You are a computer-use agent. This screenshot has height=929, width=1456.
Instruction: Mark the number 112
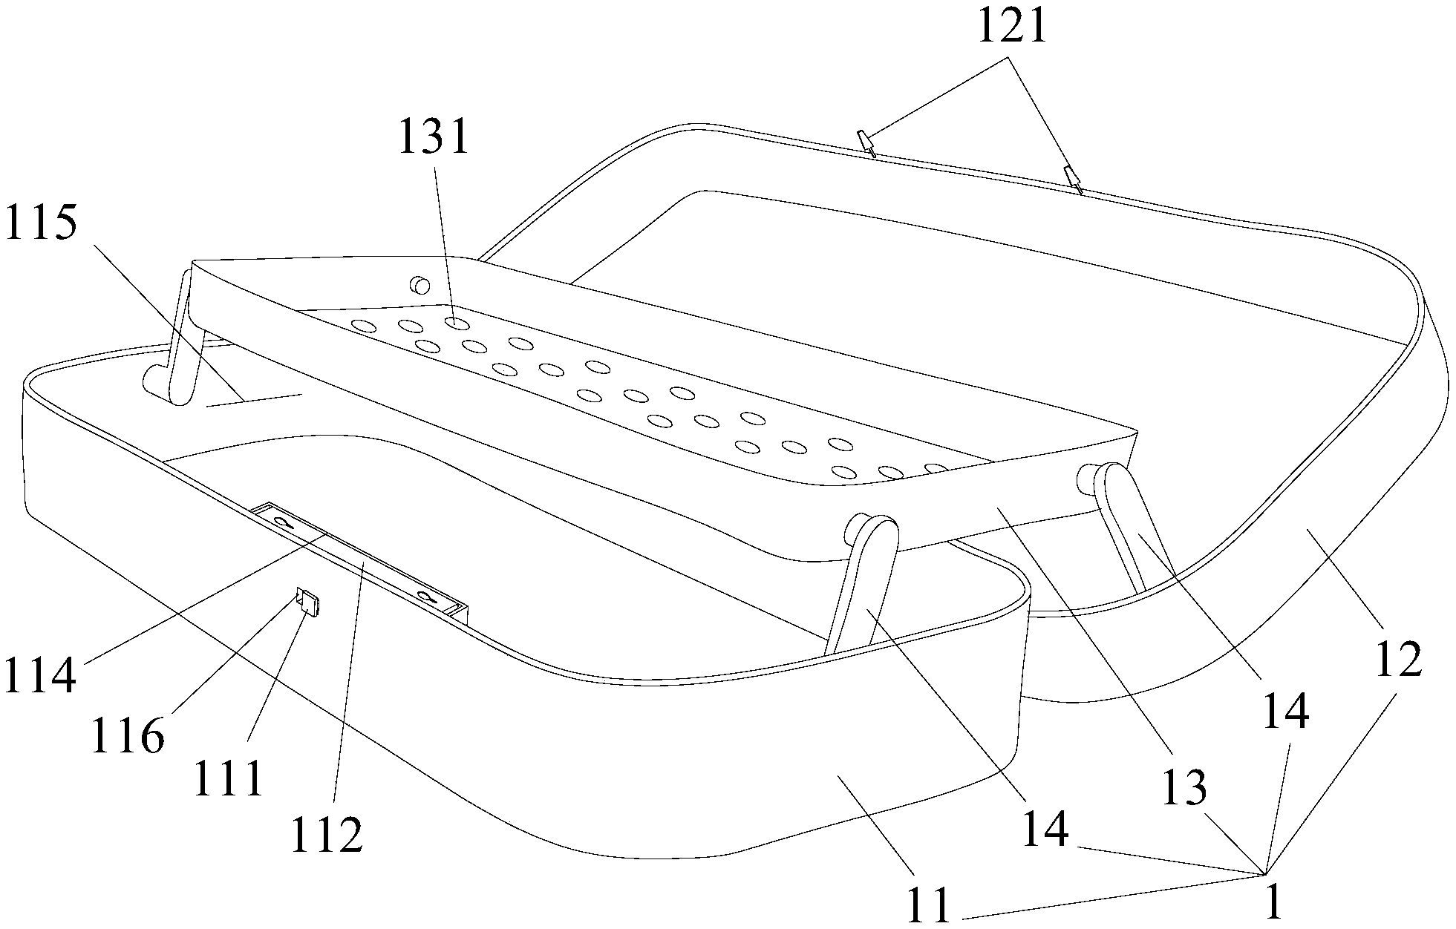tap(327, 835)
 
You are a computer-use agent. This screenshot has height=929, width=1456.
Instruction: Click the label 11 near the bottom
tap(927, 905)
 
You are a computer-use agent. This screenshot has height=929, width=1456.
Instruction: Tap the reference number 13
tap(1184, 787)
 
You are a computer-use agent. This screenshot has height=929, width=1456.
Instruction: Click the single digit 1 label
tap(1273, 902)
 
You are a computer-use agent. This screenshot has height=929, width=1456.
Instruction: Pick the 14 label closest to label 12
tap(1285, 711)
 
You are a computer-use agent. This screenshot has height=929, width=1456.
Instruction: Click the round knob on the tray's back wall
tap(422, 285)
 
